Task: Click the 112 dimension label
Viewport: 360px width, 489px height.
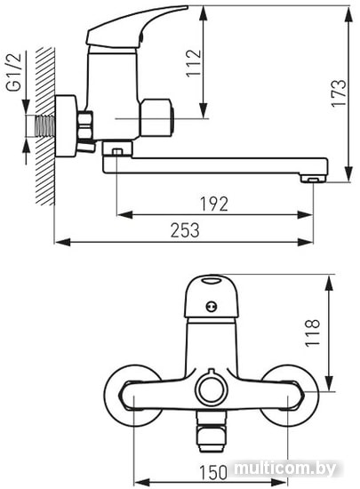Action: [194, 62]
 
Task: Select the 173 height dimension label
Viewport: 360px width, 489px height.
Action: [339, 93]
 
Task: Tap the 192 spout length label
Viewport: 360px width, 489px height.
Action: [214, 204]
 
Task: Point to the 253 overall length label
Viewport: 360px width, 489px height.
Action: [185, 230]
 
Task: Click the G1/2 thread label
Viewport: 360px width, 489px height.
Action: [14, 72]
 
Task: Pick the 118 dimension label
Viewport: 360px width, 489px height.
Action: [313, 333]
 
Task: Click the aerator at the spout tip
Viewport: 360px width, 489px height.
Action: [313, 179]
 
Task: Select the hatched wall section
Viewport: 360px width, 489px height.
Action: [45, 126]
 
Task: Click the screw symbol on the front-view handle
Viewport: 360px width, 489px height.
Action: [212, 307]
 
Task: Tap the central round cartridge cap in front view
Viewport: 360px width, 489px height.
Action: [212, 389]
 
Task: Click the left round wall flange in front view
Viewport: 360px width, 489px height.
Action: [133, 395]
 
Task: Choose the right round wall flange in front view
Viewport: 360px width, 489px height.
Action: [289, 395]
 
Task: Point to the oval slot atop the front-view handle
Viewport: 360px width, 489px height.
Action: [212, 281]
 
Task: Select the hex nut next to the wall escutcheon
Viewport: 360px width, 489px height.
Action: [84, 126]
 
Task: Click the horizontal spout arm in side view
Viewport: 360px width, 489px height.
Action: [215, 164]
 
